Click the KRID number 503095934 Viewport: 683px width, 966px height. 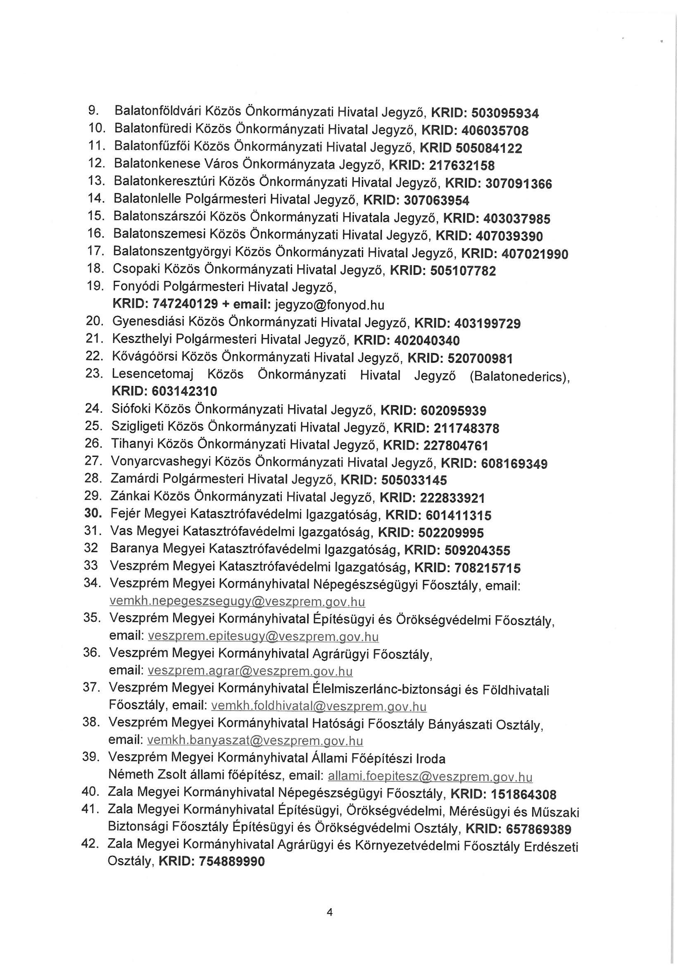(505, 113)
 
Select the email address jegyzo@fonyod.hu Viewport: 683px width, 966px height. (329, 304)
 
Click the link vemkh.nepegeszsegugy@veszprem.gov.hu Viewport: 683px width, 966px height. (237, 602)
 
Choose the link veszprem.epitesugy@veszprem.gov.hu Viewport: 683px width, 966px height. (264, 637)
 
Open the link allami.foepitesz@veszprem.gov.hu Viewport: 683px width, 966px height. (430, 776)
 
